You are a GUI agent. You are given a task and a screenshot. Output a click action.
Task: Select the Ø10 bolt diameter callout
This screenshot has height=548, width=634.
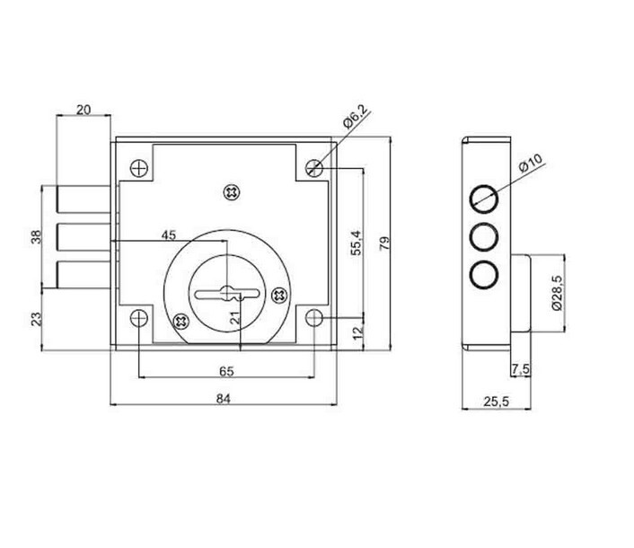(531, 165)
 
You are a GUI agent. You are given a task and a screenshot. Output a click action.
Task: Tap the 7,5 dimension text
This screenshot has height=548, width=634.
(518, 369)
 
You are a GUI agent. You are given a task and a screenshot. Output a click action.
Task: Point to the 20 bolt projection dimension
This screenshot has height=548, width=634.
(84, 110)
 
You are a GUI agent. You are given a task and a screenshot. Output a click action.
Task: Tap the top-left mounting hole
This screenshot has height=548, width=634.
(137, 168)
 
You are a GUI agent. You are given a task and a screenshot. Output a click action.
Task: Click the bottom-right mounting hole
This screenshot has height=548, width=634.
(314, 318)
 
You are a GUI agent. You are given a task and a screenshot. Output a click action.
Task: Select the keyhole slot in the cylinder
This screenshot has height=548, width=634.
(225, 292)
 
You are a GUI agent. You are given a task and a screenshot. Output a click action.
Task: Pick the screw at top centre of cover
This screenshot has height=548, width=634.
(233, 191)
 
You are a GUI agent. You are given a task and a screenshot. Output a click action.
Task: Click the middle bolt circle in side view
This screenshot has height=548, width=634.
(485, 237)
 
